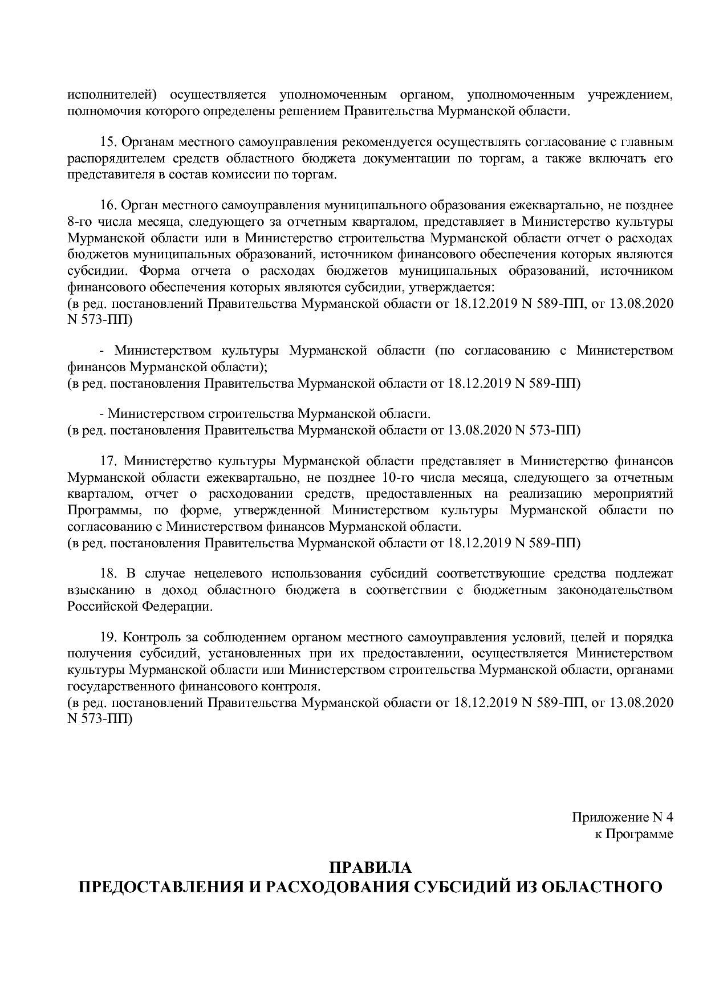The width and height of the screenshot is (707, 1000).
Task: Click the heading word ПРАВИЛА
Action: tap(370, 868)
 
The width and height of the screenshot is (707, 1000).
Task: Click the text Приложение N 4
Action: tap(623, 818)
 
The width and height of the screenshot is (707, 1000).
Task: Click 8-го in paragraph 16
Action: tap(79, 221)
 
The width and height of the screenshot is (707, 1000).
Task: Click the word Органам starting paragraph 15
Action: tap(147, 141)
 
